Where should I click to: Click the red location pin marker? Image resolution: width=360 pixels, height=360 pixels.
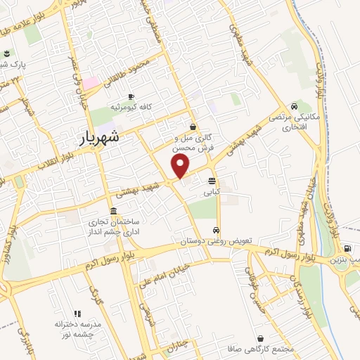click(x=181, y=166)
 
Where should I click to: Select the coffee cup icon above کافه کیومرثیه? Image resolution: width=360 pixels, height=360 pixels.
click(x=131, y=97)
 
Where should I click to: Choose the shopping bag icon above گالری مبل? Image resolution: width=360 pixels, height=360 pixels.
click(x=193, y=127)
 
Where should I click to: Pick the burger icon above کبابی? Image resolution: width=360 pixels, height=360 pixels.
click(x=212, y=181)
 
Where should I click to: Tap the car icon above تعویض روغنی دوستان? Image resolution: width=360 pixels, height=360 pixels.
click(x=216, y=231)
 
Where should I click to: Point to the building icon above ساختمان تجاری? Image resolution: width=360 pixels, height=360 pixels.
click(x=113, y=212)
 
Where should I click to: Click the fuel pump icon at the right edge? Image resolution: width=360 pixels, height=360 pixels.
click(x=347, y=248)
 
